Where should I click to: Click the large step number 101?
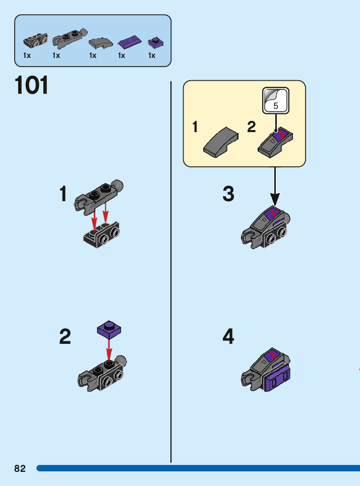click(x=32, y=86)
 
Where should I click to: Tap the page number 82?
click(x=20, y=468)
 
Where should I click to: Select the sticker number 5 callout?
click(x=275, y=101)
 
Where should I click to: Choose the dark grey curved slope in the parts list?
click(x=99, y=43)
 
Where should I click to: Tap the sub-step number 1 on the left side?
click(x=63, y=194)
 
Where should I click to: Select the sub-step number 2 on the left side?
click(x=65, y=337)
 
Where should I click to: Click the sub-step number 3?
click(x=228, y=194)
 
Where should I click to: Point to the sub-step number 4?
click(x=228, y=337)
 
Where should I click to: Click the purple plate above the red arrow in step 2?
click(x=109, y=330)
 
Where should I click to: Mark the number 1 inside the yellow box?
click(x=195, y=128)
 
